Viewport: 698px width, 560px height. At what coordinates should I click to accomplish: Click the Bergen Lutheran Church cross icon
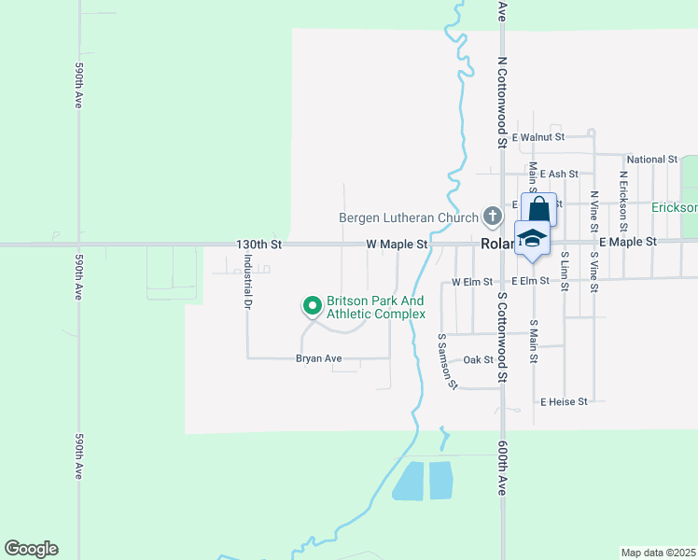click(x=492, y=217)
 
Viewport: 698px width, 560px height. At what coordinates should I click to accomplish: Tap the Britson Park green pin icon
click(x=312, y=305)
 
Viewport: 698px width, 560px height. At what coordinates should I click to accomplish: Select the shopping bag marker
click(x=538, y=208)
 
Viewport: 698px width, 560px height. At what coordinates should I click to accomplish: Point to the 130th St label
click(x=258, y=245)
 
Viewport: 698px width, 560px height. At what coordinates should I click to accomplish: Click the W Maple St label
click(x=396, y=245)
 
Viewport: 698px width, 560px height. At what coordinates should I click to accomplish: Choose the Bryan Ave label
click(x=319, y=358)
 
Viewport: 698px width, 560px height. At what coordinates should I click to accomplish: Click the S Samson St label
click(x=447, y=359)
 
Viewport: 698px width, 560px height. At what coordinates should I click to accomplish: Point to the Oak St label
click(x=478, y=359)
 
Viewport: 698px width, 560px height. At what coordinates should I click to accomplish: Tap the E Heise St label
click(x=564, y=401)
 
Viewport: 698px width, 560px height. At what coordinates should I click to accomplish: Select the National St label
click(x=652, y=160)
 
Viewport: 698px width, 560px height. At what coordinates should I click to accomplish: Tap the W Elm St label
click(x=471, y=281)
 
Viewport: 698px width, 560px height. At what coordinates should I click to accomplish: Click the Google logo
click(x=31, y=549)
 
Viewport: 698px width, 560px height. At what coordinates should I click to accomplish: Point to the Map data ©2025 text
click(x=658, y=553)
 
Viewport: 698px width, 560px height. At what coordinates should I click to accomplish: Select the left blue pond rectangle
click(x=408, y=481)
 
